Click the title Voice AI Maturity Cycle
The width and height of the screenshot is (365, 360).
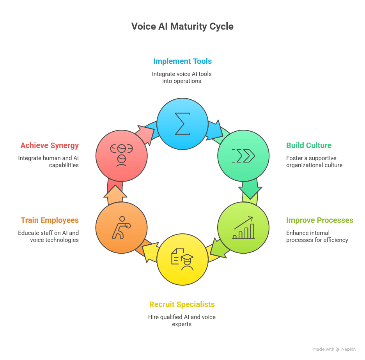182,26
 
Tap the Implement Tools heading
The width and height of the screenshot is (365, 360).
182,61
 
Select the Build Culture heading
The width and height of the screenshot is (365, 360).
309,145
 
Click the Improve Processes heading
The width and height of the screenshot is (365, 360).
320,220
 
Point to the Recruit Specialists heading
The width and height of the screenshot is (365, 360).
182,304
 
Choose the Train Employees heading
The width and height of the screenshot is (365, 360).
50,220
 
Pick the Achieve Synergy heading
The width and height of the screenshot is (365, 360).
50,145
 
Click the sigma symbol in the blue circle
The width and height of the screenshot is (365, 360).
182,124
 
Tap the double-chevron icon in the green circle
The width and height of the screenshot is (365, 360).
243,155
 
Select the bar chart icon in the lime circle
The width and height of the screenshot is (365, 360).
243,228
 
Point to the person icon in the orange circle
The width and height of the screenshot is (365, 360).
121,228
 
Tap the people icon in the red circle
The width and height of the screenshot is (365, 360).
121,155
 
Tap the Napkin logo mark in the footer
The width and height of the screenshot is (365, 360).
338,349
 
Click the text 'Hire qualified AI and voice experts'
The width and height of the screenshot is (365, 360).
182,320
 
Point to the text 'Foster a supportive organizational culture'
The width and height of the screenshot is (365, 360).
314,161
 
